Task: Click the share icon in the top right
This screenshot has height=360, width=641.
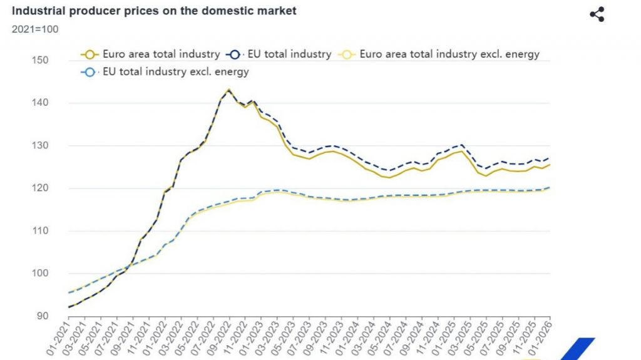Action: [597, 14]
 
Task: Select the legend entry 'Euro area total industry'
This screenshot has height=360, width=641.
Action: [151, 54]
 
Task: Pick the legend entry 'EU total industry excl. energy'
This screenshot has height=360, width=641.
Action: [166, 71]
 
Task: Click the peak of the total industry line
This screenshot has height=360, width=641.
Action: [228, 90]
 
